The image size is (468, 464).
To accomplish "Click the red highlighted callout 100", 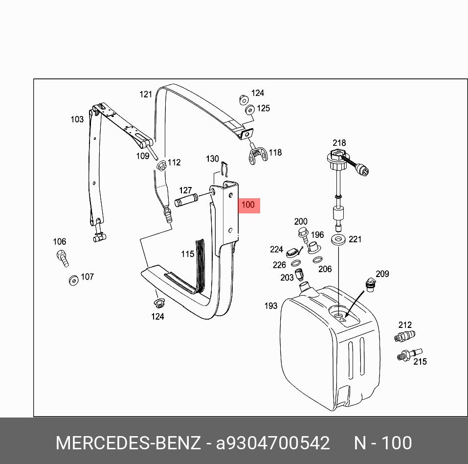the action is (248, 205).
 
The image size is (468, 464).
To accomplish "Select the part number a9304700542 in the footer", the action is (273, 443).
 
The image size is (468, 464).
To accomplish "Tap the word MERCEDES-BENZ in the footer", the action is (128, 443).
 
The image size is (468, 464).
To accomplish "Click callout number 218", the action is (339, 143).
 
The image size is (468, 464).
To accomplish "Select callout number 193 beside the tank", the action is (270, 306).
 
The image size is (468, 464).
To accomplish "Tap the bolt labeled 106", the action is (62, 257).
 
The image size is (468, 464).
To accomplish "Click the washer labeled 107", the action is (73, 280).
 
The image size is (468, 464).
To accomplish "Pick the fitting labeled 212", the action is (404, 336).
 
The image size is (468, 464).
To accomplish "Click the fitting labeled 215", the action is (408, 354).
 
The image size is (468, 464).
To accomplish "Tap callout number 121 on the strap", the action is (146, 94).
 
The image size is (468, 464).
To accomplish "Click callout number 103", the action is (77, 119).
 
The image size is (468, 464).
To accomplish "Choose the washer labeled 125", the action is (249, 110).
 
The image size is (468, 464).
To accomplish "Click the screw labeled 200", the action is (302, 233).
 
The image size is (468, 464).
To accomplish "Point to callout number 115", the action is (187, 254).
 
